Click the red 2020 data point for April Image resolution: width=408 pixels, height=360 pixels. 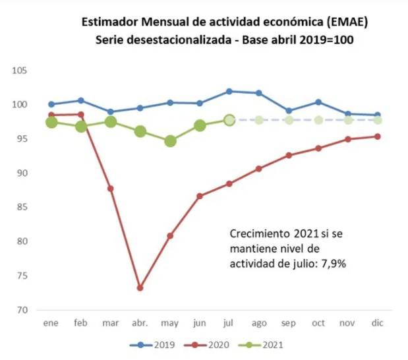click(x=140, y=287)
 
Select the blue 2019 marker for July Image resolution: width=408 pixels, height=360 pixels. click(x=229, y=91)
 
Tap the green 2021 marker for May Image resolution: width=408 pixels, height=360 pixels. click(x=170, y=141)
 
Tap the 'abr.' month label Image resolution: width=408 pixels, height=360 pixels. click(x=140, y=324)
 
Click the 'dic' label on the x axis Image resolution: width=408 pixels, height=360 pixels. click(x=378, y=324)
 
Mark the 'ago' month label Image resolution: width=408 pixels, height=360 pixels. click(x=258, y=324)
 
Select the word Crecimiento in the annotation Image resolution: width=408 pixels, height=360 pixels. click(x=258, y=233)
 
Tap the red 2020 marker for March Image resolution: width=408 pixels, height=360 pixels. click(x=111, y=189)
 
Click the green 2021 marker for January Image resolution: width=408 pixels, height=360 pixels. click(x=51, y=122)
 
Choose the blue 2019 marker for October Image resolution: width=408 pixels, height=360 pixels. click(x=318, y=102)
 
